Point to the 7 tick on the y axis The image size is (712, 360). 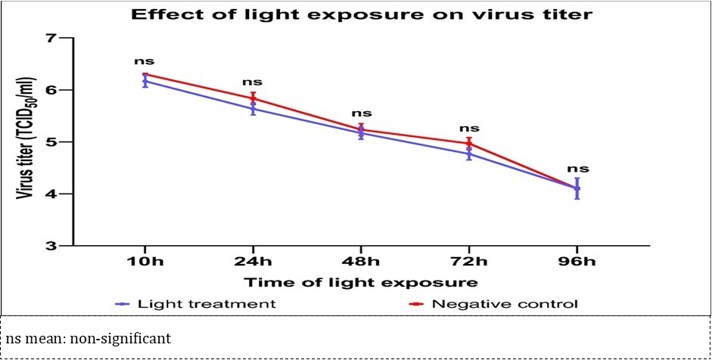tap(52, 38)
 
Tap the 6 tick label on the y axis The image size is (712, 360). tap(52, 90)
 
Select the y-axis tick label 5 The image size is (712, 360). tap(52, 142)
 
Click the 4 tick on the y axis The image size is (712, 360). tap(52, 194)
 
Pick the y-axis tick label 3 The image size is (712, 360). tap(52, 247)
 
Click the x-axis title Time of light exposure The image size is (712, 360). tap(360, 283)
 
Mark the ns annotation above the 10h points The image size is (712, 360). tap(145, 60)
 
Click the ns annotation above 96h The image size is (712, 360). tap(577, 169)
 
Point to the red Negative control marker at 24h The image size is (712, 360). tap(253, 98)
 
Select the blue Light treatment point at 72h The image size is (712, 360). tap(469, 154)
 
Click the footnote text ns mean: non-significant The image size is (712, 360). tap(89, 337)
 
